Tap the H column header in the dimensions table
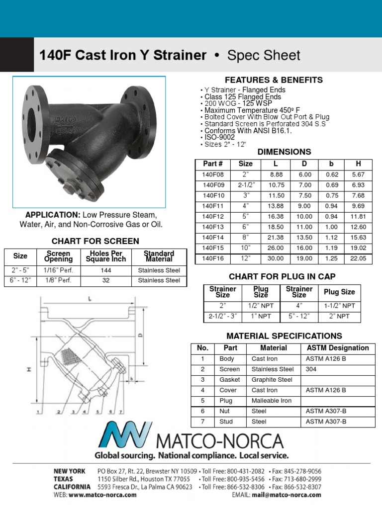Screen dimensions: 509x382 click(x=358, y=164)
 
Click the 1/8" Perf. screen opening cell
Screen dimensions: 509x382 click(x=58, y=280)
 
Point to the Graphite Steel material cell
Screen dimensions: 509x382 click(x=272, y=380)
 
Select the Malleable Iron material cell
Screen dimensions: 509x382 click(x=272, y=401)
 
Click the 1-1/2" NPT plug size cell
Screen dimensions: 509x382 click(x=339, y=306)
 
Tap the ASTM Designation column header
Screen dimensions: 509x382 click(x=337, y=348)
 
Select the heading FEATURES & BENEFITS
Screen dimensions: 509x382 click(x=274, y=80)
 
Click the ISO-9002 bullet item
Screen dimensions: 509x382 click(x=217, y=137)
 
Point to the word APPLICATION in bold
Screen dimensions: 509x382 click(x=53, y=215)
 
